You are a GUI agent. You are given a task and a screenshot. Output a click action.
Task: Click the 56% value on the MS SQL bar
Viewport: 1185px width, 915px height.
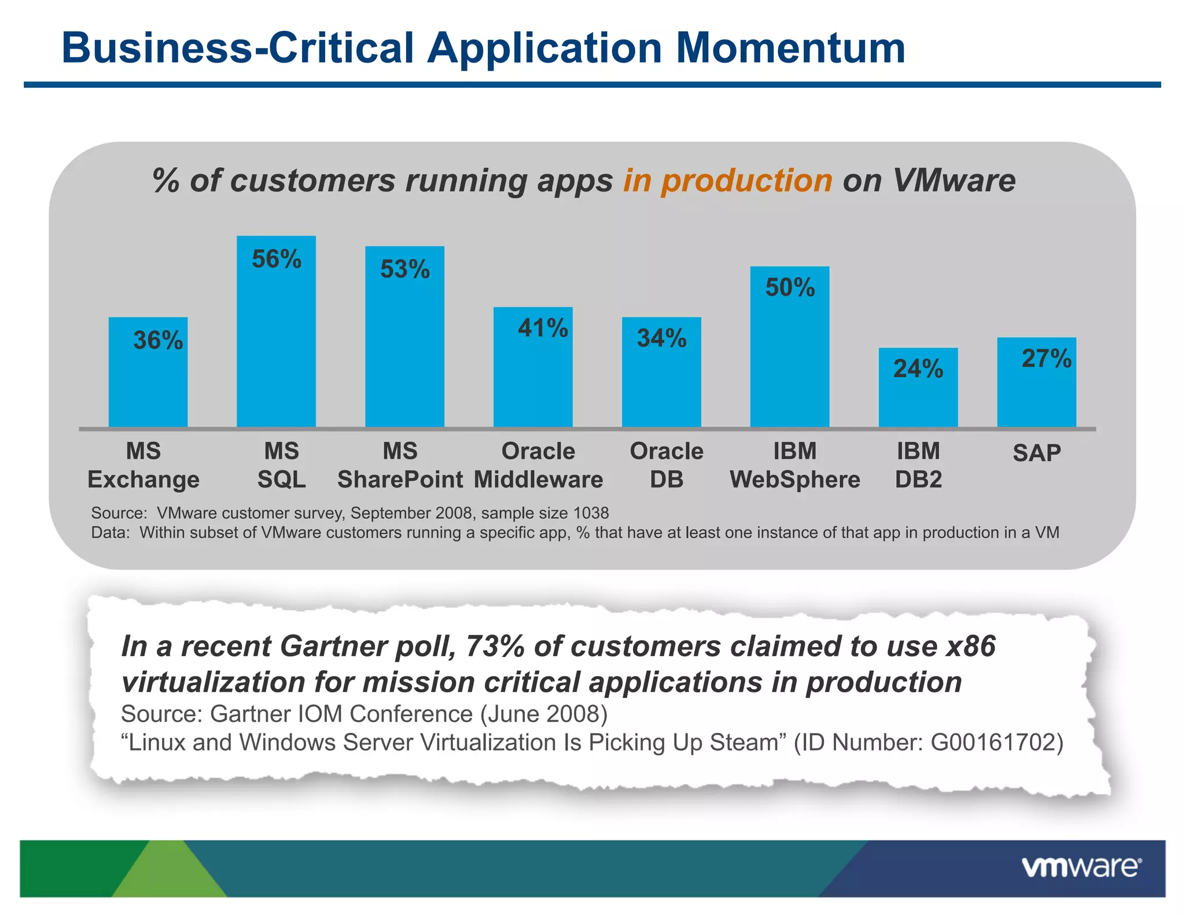pyautogui.click(x=277, y=259)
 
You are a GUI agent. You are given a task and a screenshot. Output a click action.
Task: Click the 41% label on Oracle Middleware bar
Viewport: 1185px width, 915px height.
pyautogui.click(x=543, y=328)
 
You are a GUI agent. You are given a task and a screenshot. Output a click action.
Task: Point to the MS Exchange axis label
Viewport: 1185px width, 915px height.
pyautogui.click(x=143, y=465)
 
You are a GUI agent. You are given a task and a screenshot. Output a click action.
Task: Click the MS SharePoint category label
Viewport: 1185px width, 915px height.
pyautogui.click(x=400, y=465)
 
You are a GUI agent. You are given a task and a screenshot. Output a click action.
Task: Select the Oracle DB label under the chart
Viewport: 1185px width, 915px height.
pyautogui.click(x=667, y=465)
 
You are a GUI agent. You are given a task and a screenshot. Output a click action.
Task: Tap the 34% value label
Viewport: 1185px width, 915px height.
pyautogui.click(x=661, y=338)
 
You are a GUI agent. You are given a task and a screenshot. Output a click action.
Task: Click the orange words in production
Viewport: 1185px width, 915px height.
pyautogui.click(x=727, y=180)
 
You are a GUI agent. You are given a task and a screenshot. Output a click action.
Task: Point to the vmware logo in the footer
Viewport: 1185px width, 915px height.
pyautogui.click(x=1081, y=868)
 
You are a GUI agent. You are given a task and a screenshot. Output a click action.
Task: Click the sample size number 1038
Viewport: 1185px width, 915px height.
pyautogui.click(x=591, y=513)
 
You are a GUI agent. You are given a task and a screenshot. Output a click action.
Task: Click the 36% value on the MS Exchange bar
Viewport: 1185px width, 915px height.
pyautogui.click(x=158, y=340)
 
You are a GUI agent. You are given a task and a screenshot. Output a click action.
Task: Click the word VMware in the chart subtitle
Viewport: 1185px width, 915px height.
pyautogui.click(x=954, y=180)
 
